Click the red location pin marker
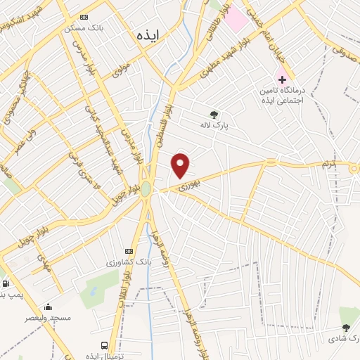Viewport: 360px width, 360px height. pyautogui.click(x=181, y=165)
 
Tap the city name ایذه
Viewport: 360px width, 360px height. pyautogui.click(x=150, y=33)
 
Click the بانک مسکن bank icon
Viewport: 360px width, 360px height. pyautogui.click(x=85, y=17)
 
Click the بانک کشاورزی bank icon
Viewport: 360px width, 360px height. pyautogui.click(x=128, y=251)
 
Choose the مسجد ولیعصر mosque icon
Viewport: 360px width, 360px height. pyautogui.click(x=49, y=307)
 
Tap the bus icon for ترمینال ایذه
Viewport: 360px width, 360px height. pyautogui.click(x=104, y=345)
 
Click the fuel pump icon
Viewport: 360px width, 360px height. pyautogui.click(x=6, y=284)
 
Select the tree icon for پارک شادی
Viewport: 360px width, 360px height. pyautogui.click(x=345, y=328)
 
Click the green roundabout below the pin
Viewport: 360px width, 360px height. pyautogui.click(x=146, y=189)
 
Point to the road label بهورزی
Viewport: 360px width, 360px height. pyautogui.click(x=188, y=186)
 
